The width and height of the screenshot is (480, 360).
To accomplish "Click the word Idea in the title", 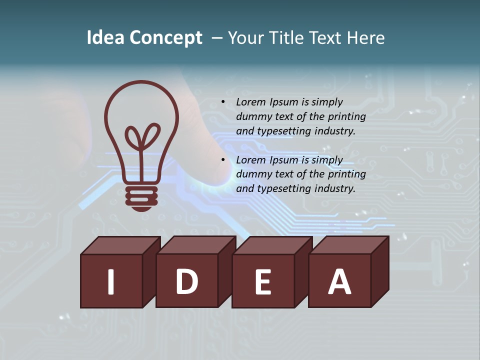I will tap(105, 38).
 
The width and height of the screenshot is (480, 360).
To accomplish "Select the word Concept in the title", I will tap(165, 38).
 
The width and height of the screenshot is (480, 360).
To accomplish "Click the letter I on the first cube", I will tap(111, 281).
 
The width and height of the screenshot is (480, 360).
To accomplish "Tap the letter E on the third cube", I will tap(263, 281).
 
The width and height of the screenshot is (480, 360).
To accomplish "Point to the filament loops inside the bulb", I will tap(142, 136).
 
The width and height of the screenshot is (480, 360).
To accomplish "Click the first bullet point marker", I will tap(223, 102).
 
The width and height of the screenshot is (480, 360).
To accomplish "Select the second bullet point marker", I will tap(223, 160).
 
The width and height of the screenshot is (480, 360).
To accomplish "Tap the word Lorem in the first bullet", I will tap(251, 102).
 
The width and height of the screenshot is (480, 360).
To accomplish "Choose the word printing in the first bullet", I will tap(346, 116).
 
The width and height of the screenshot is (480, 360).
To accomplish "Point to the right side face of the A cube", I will tap(380, 272).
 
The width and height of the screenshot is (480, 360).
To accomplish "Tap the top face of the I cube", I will tap(120, 245).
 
